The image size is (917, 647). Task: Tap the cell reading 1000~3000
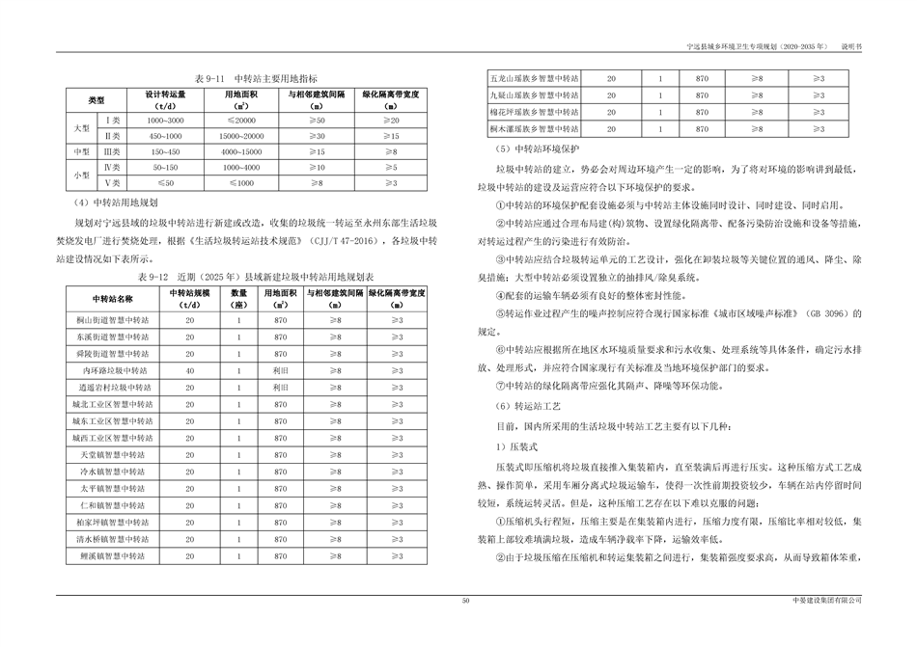(164, 120)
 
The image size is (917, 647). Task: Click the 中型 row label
(83, 152)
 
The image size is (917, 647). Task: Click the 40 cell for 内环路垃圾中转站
(190, 369)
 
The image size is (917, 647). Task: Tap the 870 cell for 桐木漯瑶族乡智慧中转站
(701, 127)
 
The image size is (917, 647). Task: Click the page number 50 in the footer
(465, 601)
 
